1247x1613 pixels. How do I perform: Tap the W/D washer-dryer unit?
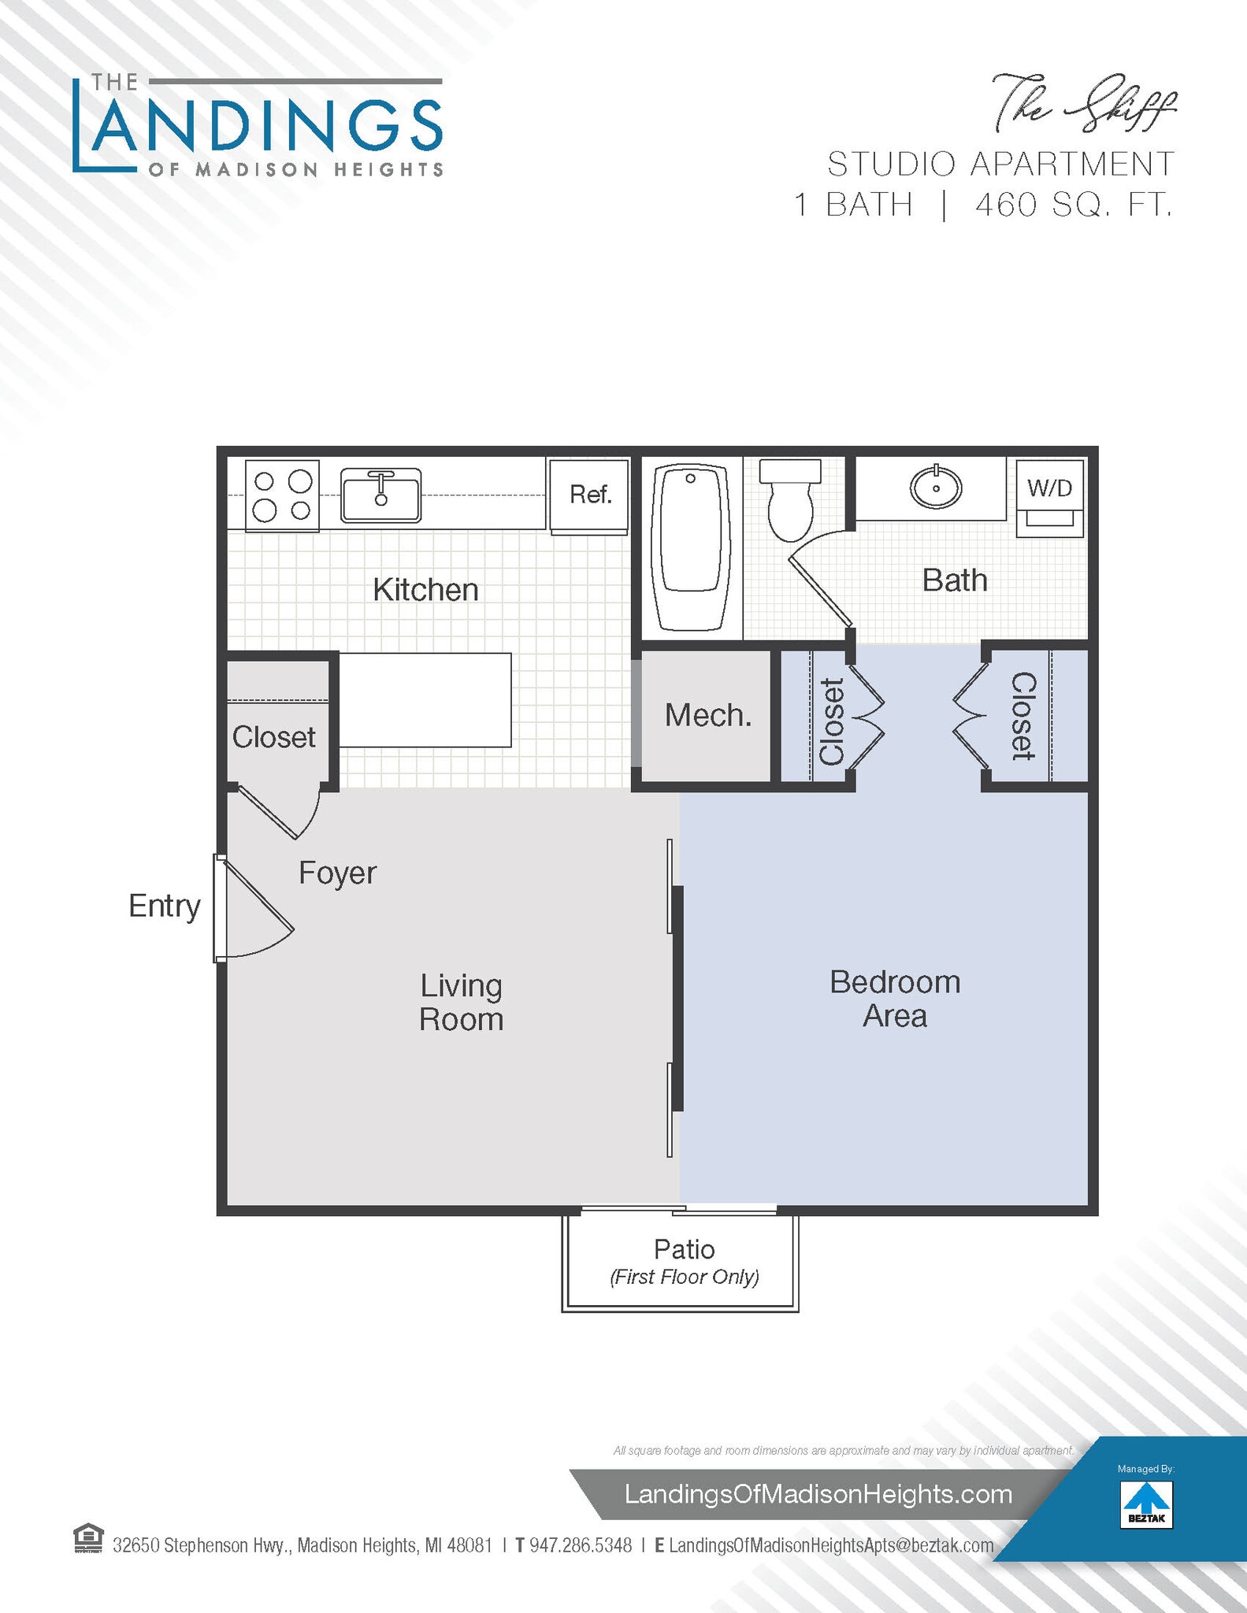tap(1049, 498)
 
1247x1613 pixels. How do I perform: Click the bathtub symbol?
tap(691, 547)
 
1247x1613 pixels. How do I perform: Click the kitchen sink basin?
tap(380, 495)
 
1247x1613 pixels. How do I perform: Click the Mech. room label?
tap(707, 715)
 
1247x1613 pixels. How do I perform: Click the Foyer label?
tap(337, 873)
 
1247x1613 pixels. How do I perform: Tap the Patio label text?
tap(684, 1249)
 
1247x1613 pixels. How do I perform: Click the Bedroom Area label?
tap(895, 999)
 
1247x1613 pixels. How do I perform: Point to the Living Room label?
tap(461, 1002)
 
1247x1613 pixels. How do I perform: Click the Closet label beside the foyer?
tap(273, 737)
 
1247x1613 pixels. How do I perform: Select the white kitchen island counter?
tap(425, 699)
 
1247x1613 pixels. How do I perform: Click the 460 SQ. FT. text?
tap(1073, 205)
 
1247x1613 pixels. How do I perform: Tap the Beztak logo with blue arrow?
tap(1146, 1504)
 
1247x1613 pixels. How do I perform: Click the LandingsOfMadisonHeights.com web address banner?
tap(818, 1494)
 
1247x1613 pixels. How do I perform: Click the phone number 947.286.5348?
tap(581, 1545)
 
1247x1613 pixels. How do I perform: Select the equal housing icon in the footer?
tap(88, 1538)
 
